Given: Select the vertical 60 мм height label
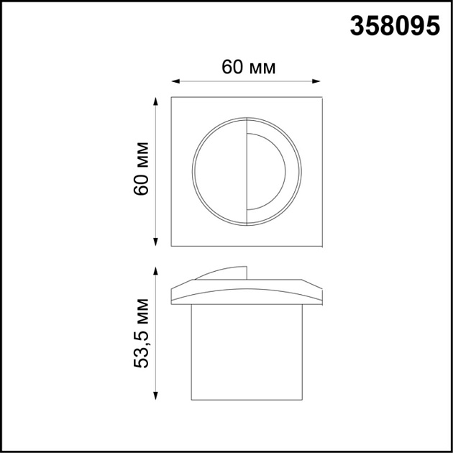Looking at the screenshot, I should point(142,172).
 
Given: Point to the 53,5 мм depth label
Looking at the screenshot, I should point(142,334).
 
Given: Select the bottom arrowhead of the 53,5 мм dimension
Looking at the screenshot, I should point(155,398).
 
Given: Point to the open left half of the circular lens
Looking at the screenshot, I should point(220,171).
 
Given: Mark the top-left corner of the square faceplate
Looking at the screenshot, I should point(172,96).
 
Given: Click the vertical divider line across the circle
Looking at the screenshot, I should point(246,171).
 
